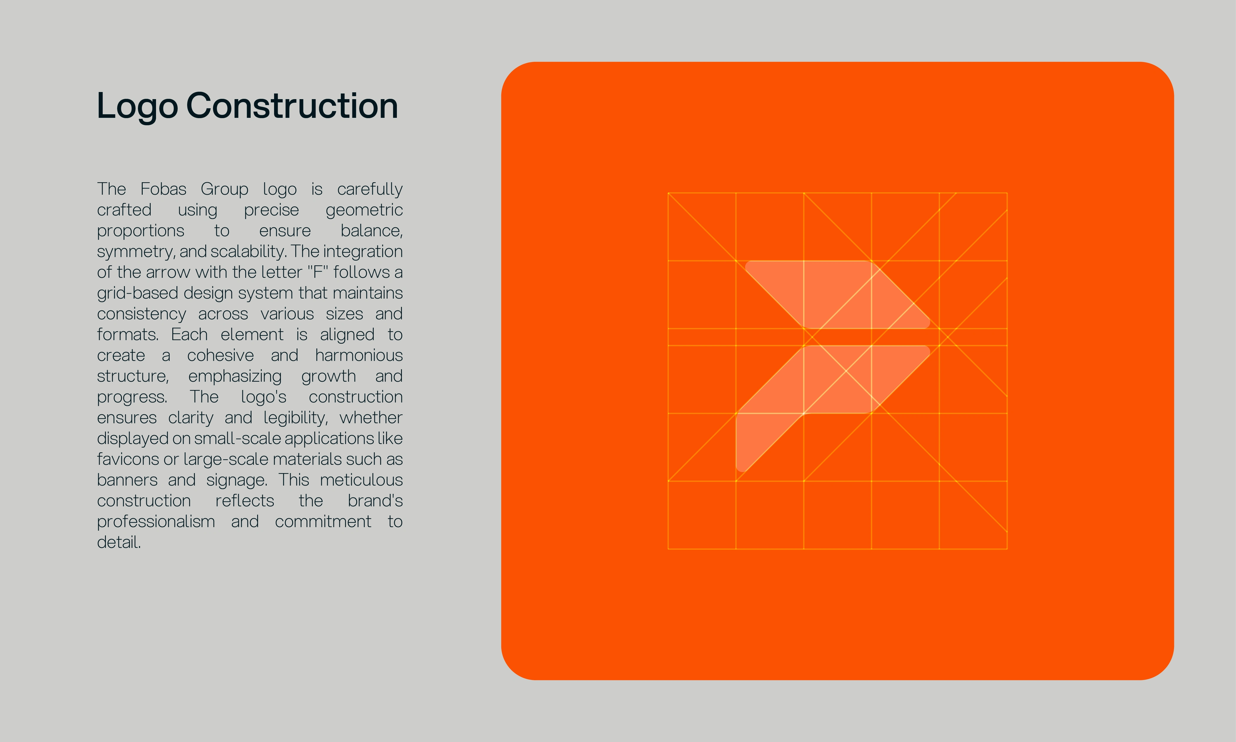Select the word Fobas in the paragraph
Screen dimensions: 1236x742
pyautogui.click(x=163, y=189)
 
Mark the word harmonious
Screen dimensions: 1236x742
pyautogui.click(x=359, y=356)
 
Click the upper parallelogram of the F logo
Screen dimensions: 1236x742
pyautogui.click(x=837, y=294)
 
